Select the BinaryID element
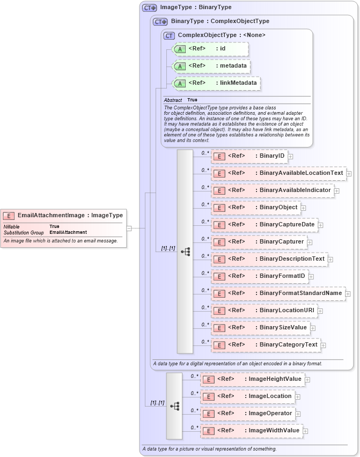coord(249,156)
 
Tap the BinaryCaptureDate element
coord(265,225)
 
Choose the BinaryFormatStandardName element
coord(278,293)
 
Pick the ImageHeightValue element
coord(252,379)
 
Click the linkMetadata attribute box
coord(216,83)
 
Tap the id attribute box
coord(210,49)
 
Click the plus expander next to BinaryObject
coord(303,208)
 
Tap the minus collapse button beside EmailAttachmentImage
coord(129,228)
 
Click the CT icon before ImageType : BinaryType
coord(149,8)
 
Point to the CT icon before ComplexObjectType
coord(170,35)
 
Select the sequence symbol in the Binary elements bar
coord(185,251)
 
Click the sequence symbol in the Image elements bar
coord(174,406)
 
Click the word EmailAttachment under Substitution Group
coord(68,233)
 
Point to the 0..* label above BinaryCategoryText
coord(205,341)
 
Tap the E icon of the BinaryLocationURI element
coord(219,311)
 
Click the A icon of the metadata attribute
coord(181,66)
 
